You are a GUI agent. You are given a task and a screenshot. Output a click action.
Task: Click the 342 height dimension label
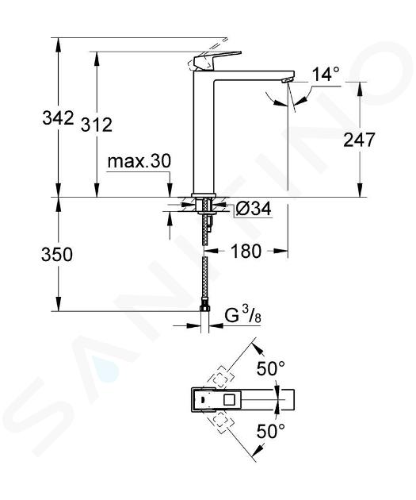(x=59, y=118)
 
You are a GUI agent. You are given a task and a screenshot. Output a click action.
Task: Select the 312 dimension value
(x=97, y=125)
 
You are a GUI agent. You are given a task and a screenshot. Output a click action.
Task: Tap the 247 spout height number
(x=359, y=140)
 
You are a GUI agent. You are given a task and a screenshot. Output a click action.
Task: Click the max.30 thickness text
(x=139, y=161)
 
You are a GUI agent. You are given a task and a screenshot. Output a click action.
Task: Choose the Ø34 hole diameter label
(x=254, y=209)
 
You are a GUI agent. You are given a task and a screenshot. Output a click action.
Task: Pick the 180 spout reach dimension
(x=246, y=251)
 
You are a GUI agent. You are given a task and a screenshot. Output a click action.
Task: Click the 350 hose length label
(x=57, y=255)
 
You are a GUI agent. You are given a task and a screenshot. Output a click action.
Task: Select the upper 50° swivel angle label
(x=271, y=369)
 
